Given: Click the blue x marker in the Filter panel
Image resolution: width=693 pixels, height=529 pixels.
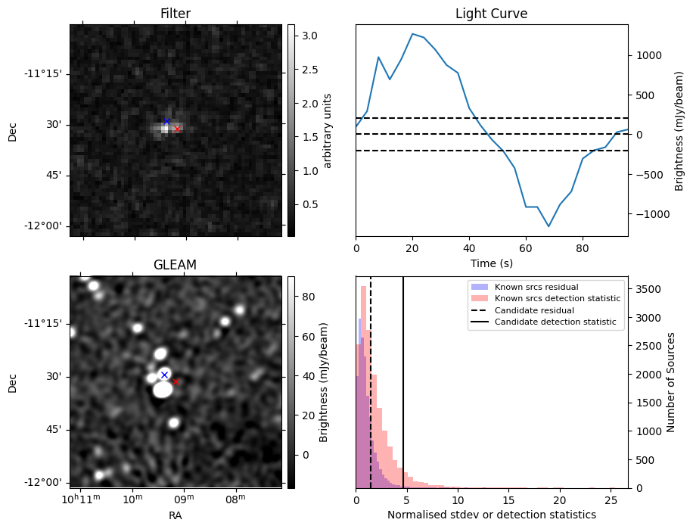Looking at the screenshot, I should [x=167, y=121].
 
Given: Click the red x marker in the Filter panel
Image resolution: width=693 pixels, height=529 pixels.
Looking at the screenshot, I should [x=177, y=129].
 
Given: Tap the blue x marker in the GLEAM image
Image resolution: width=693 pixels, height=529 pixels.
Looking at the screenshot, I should [x=164, y=375].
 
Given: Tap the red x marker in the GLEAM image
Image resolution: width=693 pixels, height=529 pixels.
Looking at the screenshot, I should [x=176, y=381].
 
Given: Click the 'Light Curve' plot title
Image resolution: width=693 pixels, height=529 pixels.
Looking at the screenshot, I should [x=491, y=14].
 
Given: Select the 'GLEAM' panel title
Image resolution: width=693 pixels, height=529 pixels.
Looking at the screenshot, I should [x=175, y=265].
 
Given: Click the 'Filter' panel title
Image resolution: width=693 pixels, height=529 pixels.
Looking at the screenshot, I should [x=175, y=14].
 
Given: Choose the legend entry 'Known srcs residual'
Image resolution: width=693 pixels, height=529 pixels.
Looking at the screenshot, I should [x=536, y=287].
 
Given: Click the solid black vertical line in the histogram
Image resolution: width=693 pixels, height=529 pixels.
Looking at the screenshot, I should [x=403, y=378].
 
